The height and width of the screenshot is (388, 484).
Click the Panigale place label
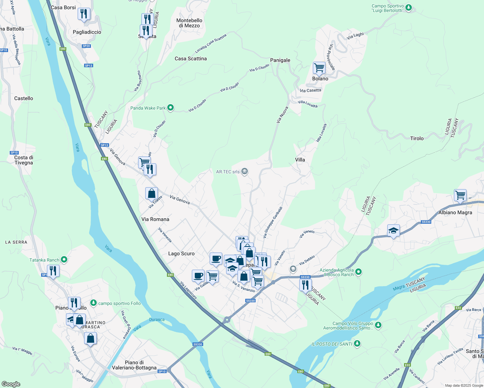[280, 60]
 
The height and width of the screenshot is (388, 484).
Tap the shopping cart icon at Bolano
[319, 68]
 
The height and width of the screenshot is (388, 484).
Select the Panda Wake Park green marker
[170, 108]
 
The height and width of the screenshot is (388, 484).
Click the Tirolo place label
[417, 138]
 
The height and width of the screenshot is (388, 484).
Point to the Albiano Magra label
[455, 212]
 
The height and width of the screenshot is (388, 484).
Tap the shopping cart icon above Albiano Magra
[460, 195]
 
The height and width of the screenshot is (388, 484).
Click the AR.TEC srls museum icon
[245, 171]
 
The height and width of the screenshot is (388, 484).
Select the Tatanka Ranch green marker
[64, 259]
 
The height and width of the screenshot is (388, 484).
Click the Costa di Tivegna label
[24, 160]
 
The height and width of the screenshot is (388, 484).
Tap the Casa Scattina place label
[191, 59]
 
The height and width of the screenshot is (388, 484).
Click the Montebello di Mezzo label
[189, 23]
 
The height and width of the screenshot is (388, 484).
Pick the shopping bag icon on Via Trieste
[151, 194]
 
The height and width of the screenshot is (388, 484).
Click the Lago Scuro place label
[181, 253]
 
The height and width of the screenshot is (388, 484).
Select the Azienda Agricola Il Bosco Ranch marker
[358, 272]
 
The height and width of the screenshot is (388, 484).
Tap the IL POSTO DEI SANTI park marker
[357, 343]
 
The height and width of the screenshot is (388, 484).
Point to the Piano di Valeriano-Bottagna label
[134, 365]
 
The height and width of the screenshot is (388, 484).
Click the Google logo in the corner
[11, 384]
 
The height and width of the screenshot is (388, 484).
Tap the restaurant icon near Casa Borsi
[84, 14]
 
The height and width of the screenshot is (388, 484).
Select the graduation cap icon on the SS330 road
[393, 231]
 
